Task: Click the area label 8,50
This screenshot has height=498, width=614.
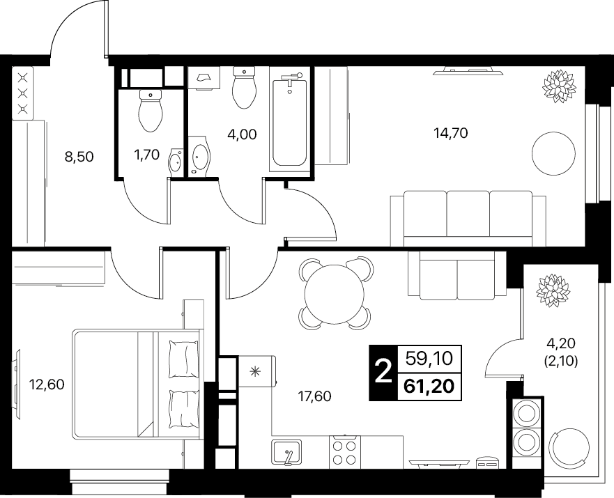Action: click(79, 157)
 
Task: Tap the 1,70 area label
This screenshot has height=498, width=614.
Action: click(147, 155)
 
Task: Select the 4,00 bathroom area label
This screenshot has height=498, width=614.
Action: click(242, 134)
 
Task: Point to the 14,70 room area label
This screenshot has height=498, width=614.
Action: click(451, 133)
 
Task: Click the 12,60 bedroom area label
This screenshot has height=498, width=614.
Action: click(47, 384)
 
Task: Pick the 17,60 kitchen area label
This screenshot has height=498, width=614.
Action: click(314, 397)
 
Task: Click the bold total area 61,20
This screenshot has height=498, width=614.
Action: click(429, 387)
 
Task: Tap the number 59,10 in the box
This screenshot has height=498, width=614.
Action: click(429, 358)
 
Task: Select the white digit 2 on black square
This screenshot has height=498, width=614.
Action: click(383, 373)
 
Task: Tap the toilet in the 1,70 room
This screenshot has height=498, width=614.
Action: click(151, 110)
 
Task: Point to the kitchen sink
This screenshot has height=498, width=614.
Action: click(286, 453)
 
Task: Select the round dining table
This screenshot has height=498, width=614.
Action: click(334, 294)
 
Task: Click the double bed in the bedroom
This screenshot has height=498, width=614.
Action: click(138, 384)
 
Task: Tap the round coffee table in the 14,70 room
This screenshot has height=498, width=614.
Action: click(553, 153)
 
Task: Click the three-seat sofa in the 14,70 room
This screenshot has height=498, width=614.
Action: click(468, 218)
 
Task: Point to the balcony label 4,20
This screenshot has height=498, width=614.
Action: click(561, 343)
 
